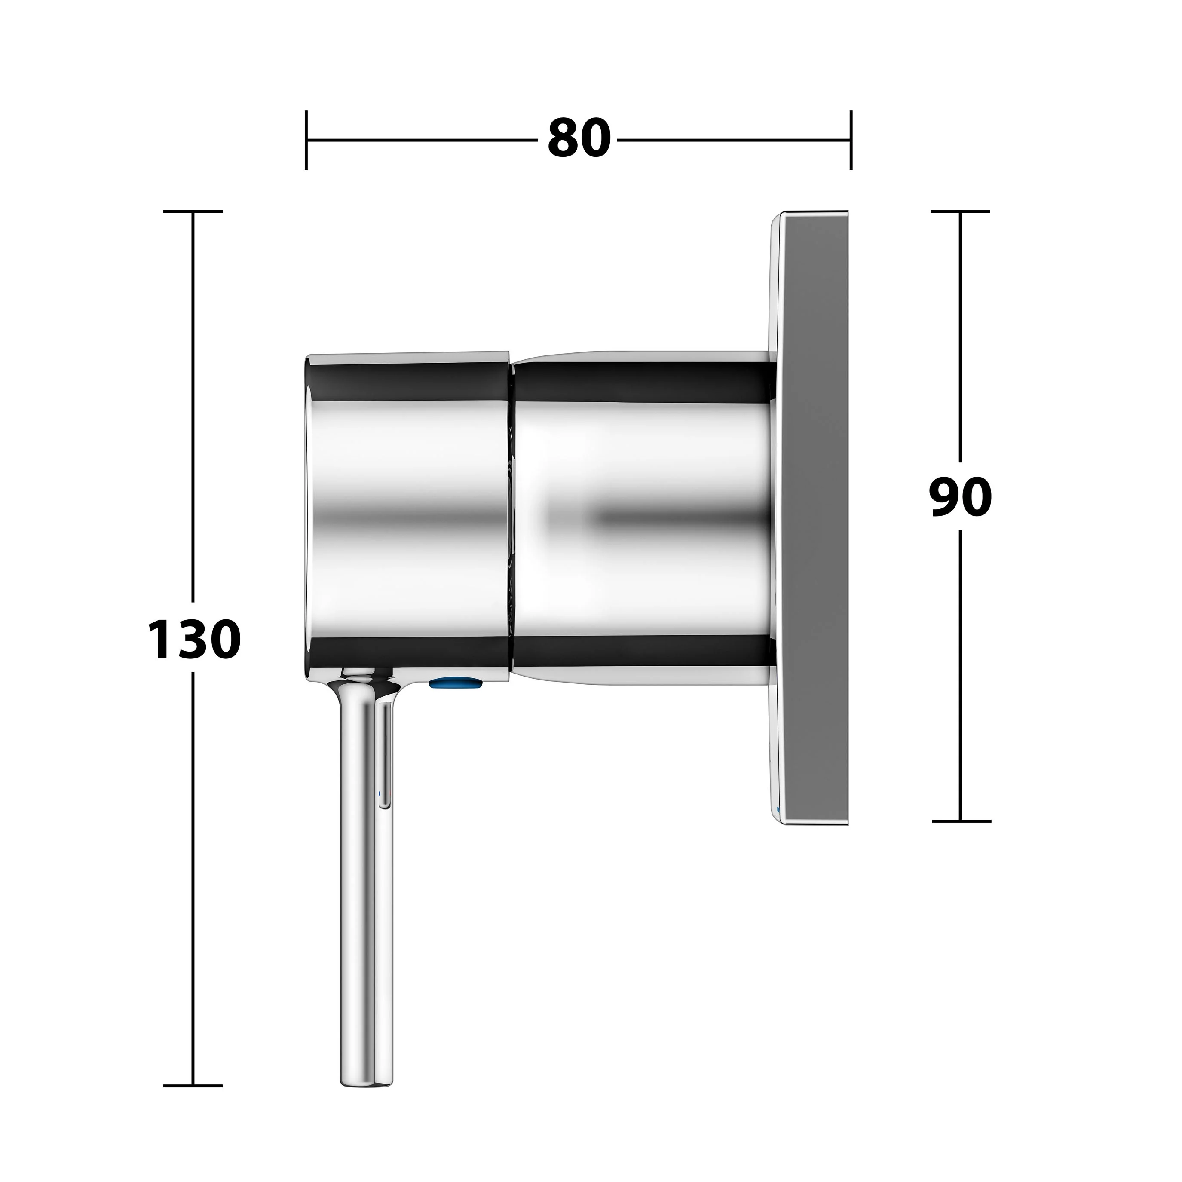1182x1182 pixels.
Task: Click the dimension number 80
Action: click(579, 139)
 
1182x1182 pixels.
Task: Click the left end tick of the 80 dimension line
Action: click(306, 140)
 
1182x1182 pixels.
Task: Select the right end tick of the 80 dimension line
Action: click(851, 140)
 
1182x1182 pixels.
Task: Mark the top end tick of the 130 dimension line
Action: click(193, 211)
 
